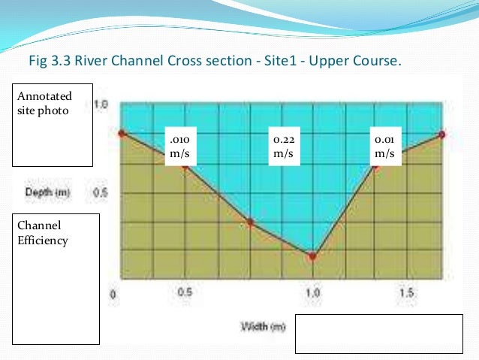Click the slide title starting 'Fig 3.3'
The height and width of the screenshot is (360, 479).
[214, 59]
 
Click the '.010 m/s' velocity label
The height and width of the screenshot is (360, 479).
[182, 146]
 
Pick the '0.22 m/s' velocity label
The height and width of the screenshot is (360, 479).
[284, 146]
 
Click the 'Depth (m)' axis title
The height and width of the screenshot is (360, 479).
[48, 193]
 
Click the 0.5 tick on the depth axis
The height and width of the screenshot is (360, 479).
[100, 193]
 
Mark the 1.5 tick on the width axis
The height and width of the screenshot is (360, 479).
[406, 292]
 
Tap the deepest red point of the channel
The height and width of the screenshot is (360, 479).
[312, 256]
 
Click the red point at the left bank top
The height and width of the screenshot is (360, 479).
[122, 133]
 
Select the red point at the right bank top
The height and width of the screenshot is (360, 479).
[442, 135]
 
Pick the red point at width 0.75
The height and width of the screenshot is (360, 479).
[250, 222]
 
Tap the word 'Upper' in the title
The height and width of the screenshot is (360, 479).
[335, 59]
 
